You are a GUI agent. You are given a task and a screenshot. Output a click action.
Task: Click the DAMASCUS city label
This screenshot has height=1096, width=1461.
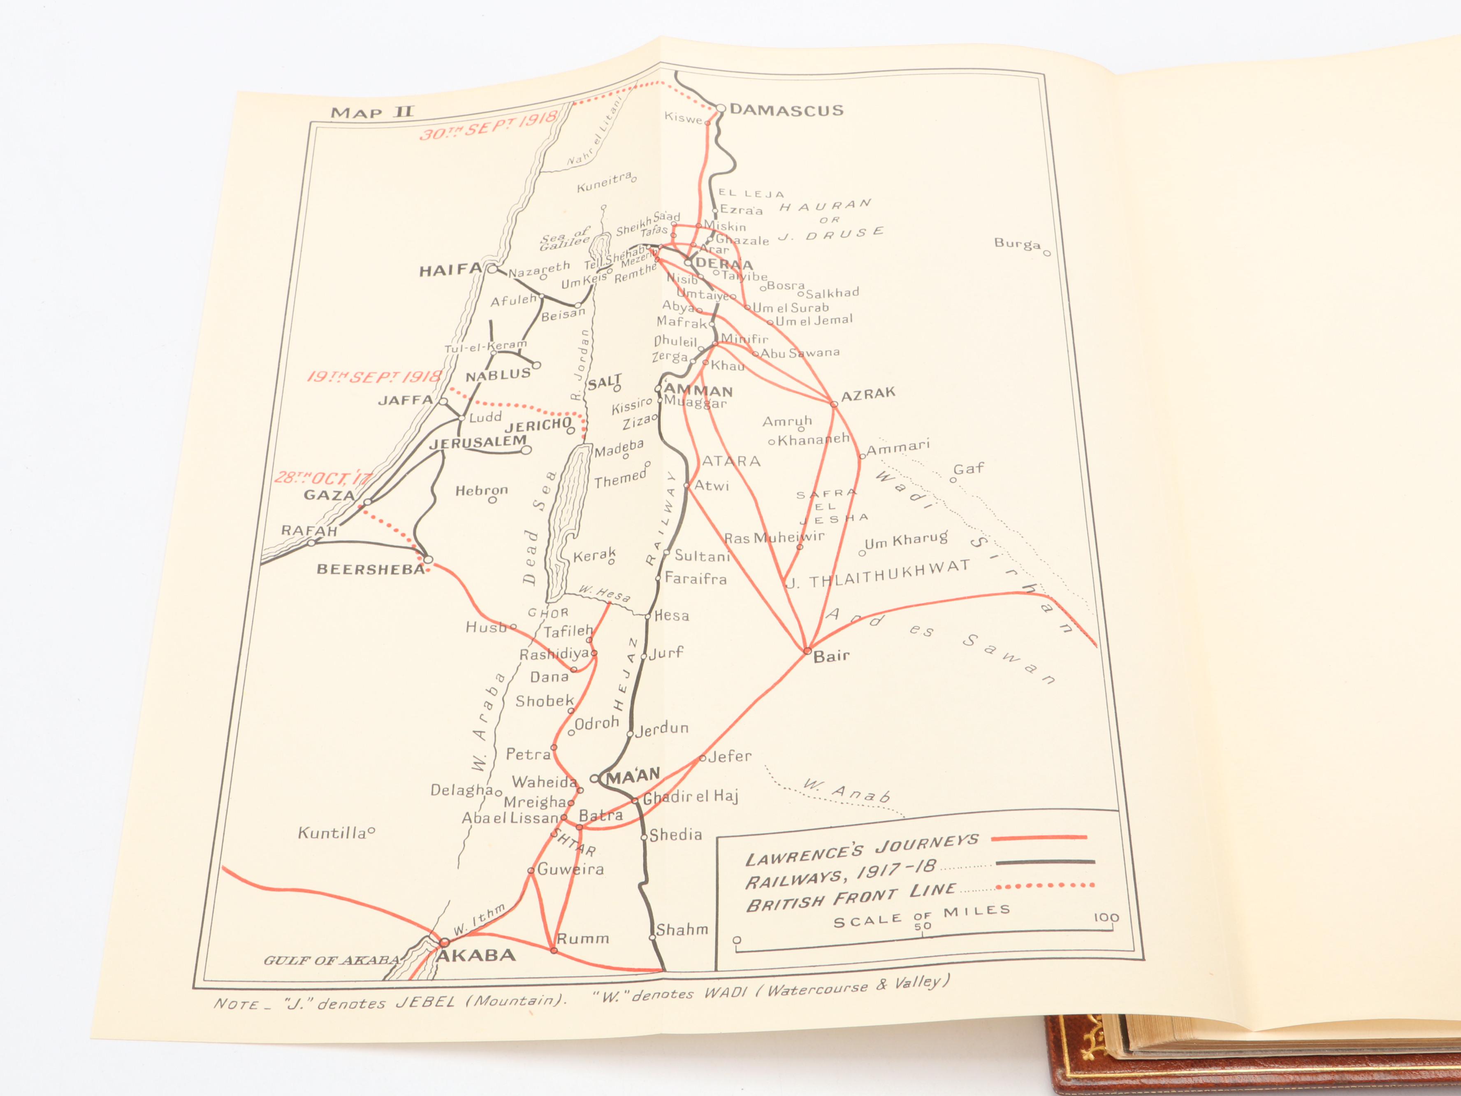786,110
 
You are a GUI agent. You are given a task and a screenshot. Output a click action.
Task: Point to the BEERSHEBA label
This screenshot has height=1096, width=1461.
371,569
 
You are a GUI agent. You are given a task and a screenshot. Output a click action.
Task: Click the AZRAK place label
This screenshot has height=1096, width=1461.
868,395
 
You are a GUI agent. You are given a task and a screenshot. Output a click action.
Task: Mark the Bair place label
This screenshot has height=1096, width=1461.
831,656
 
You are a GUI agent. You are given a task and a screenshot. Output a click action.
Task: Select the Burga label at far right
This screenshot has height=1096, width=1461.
1017,244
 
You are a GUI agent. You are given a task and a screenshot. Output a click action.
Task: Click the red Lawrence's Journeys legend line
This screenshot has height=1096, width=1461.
1040,838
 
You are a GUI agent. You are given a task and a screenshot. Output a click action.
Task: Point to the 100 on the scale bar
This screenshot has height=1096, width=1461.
1106,917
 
